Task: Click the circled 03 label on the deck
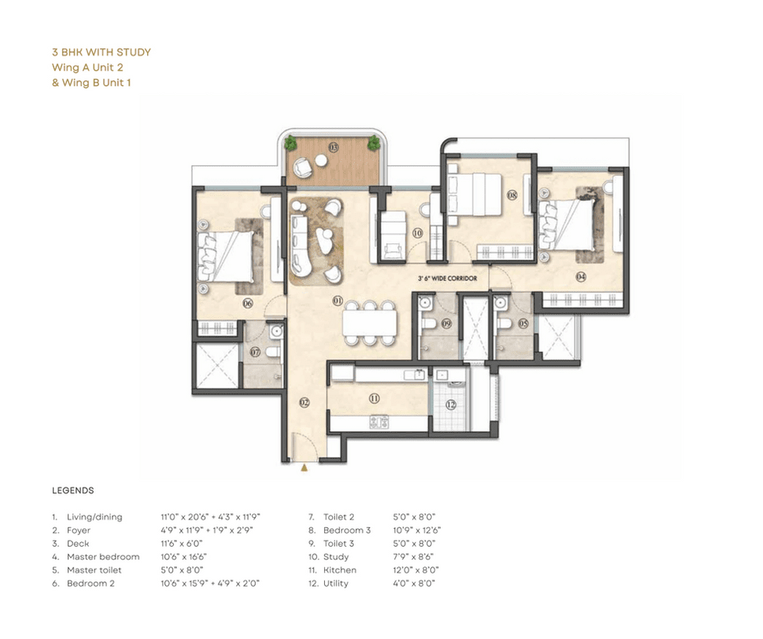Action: [334, 147]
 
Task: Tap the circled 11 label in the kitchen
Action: [374, 398]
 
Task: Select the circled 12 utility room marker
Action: [451, 404]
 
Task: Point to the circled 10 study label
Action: [418, 233]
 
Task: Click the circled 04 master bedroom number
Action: [581, 277]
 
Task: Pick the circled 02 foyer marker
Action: [304, 402]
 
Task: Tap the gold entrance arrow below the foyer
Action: [304, 468]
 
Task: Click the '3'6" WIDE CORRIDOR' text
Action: [448, 279]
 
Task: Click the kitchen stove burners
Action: [379, 422]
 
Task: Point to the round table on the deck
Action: [321, 160]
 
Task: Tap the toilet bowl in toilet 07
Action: [272, 352]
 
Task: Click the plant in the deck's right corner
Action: [374, 142]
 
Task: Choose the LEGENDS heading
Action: [73, 490]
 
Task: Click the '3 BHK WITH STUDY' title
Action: [101, 52]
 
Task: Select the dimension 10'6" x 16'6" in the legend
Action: [184, 556]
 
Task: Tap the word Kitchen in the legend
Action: [340, 570]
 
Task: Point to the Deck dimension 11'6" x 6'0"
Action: [182, 544]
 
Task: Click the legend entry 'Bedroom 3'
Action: [347, 530]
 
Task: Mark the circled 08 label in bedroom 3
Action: [512, 195]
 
